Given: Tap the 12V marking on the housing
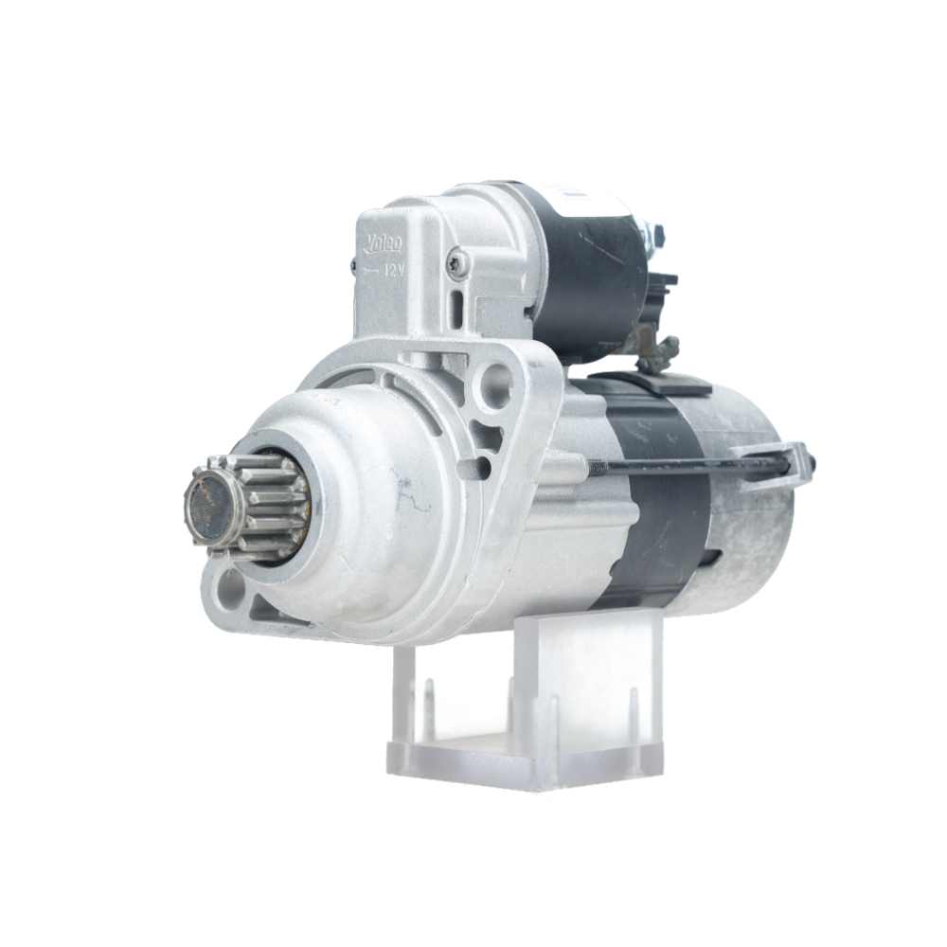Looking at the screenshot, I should [x=390, y=270].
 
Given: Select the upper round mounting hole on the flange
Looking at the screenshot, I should [x=495, y=385].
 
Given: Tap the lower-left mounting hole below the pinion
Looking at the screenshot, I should [x=228, y=590].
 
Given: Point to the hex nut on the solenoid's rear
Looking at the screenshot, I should [x=654, y=234].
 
